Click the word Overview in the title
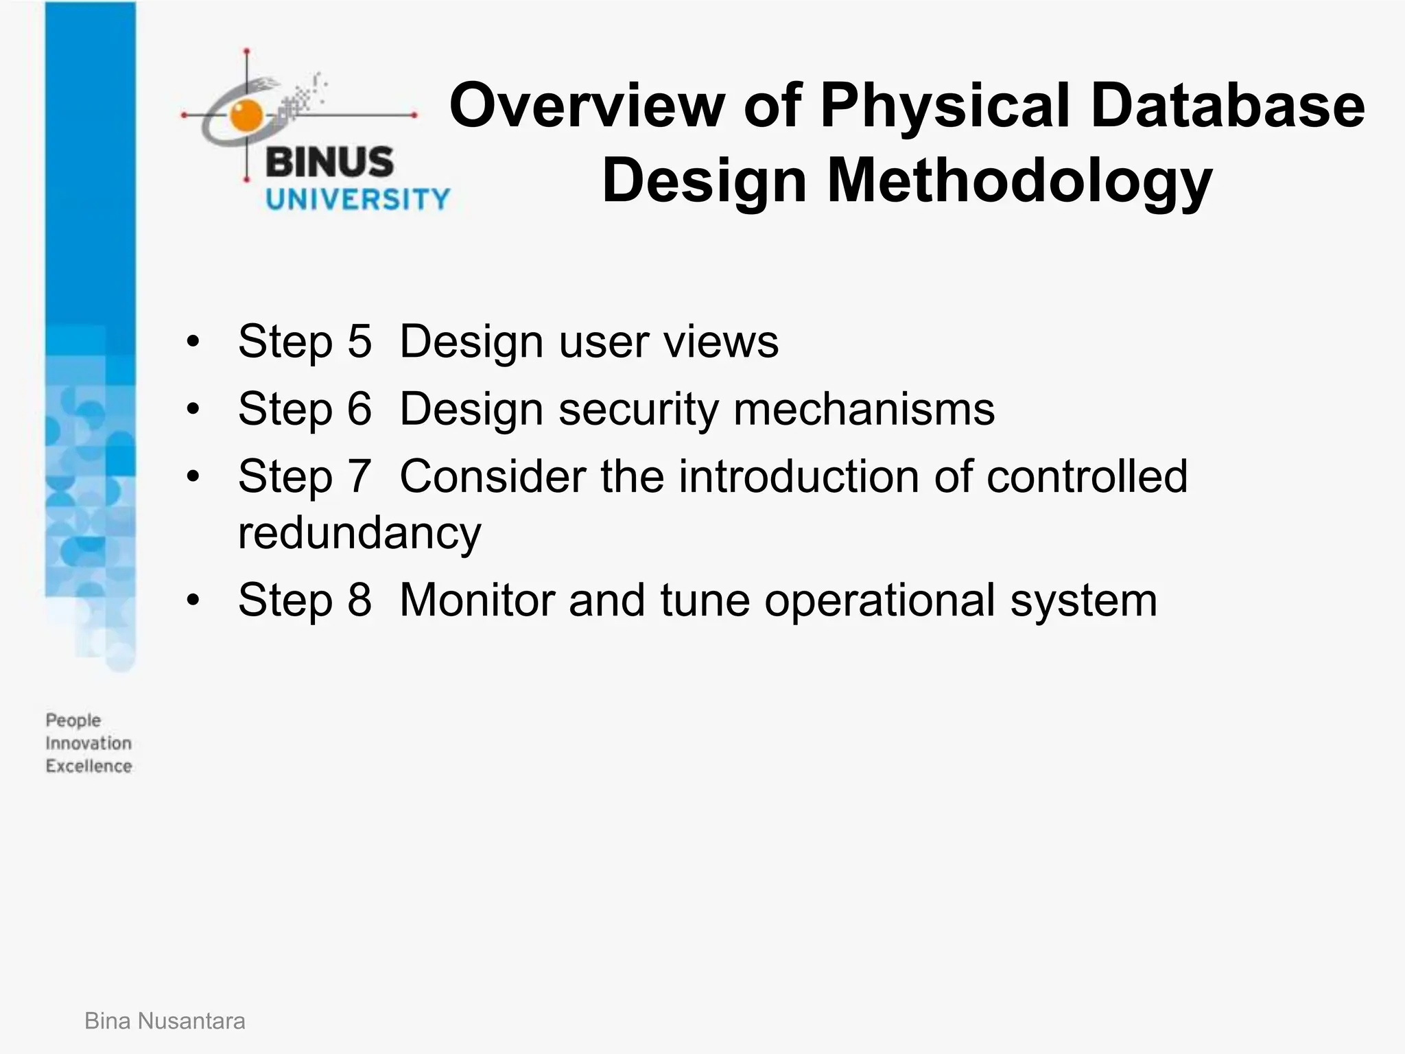[587, 106]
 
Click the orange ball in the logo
[246, 115]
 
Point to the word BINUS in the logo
[329, 163]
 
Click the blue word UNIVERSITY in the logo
[357, 200]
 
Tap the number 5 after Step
[359, 341]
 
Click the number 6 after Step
[359, 409]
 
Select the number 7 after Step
[359, 476]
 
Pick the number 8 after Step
[359, 600]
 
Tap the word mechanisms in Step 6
[864, 409]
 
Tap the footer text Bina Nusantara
[165, 1021]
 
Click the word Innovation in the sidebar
[88, 743]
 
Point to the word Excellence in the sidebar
[88, 766]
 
